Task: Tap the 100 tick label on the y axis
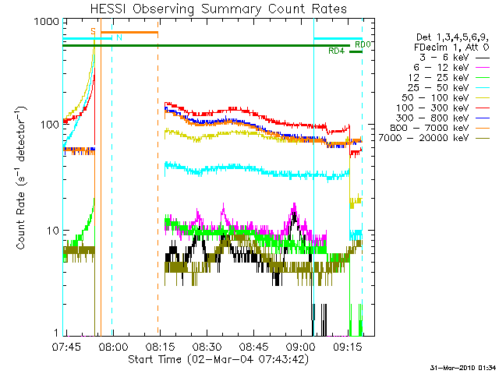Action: [47, 125]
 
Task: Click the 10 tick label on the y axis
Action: [50, 231]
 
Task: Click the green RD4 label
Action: [336, 51]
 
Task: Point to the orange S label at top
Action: [94, 31]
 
